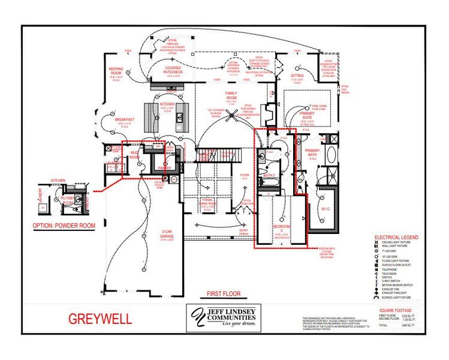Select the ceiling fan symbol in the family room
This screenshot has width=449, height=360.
[228, 118]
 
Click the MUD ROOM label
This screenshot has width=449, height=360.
[134, 155]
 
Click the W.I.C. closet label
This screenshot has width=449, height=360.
[326, 209]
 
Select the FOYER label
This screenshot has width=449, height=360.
[245, 175]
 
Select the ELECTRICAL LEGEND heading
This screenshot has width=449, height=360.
[396, 238]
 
